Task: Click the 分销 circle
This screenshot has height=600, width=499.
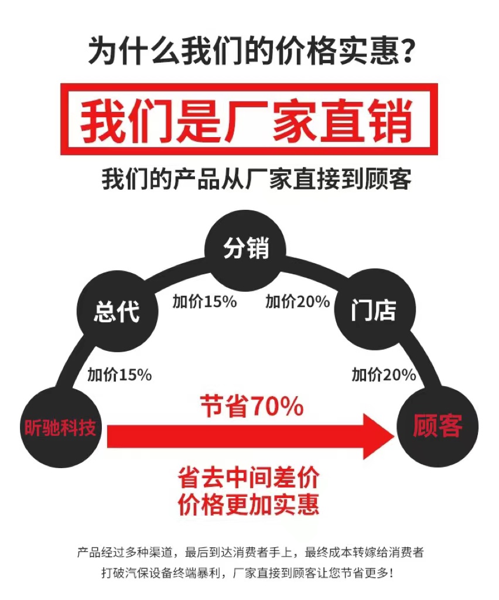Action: [x=245, y=249]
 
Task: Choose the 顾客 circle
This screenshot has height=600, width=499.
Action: [x=438, y=426]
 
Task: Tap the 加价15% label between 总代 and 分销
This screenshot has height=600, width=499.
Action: [x=204, y=302]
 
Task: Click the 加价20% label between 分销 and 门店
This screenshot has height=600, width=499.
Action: [x=298, y=302]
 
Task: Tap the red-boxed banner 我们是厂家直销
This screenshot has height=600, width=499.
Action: [x=249, y=119]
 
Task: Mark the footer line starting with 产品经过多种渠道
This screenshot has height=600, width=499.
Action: [x=250, y=552]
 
